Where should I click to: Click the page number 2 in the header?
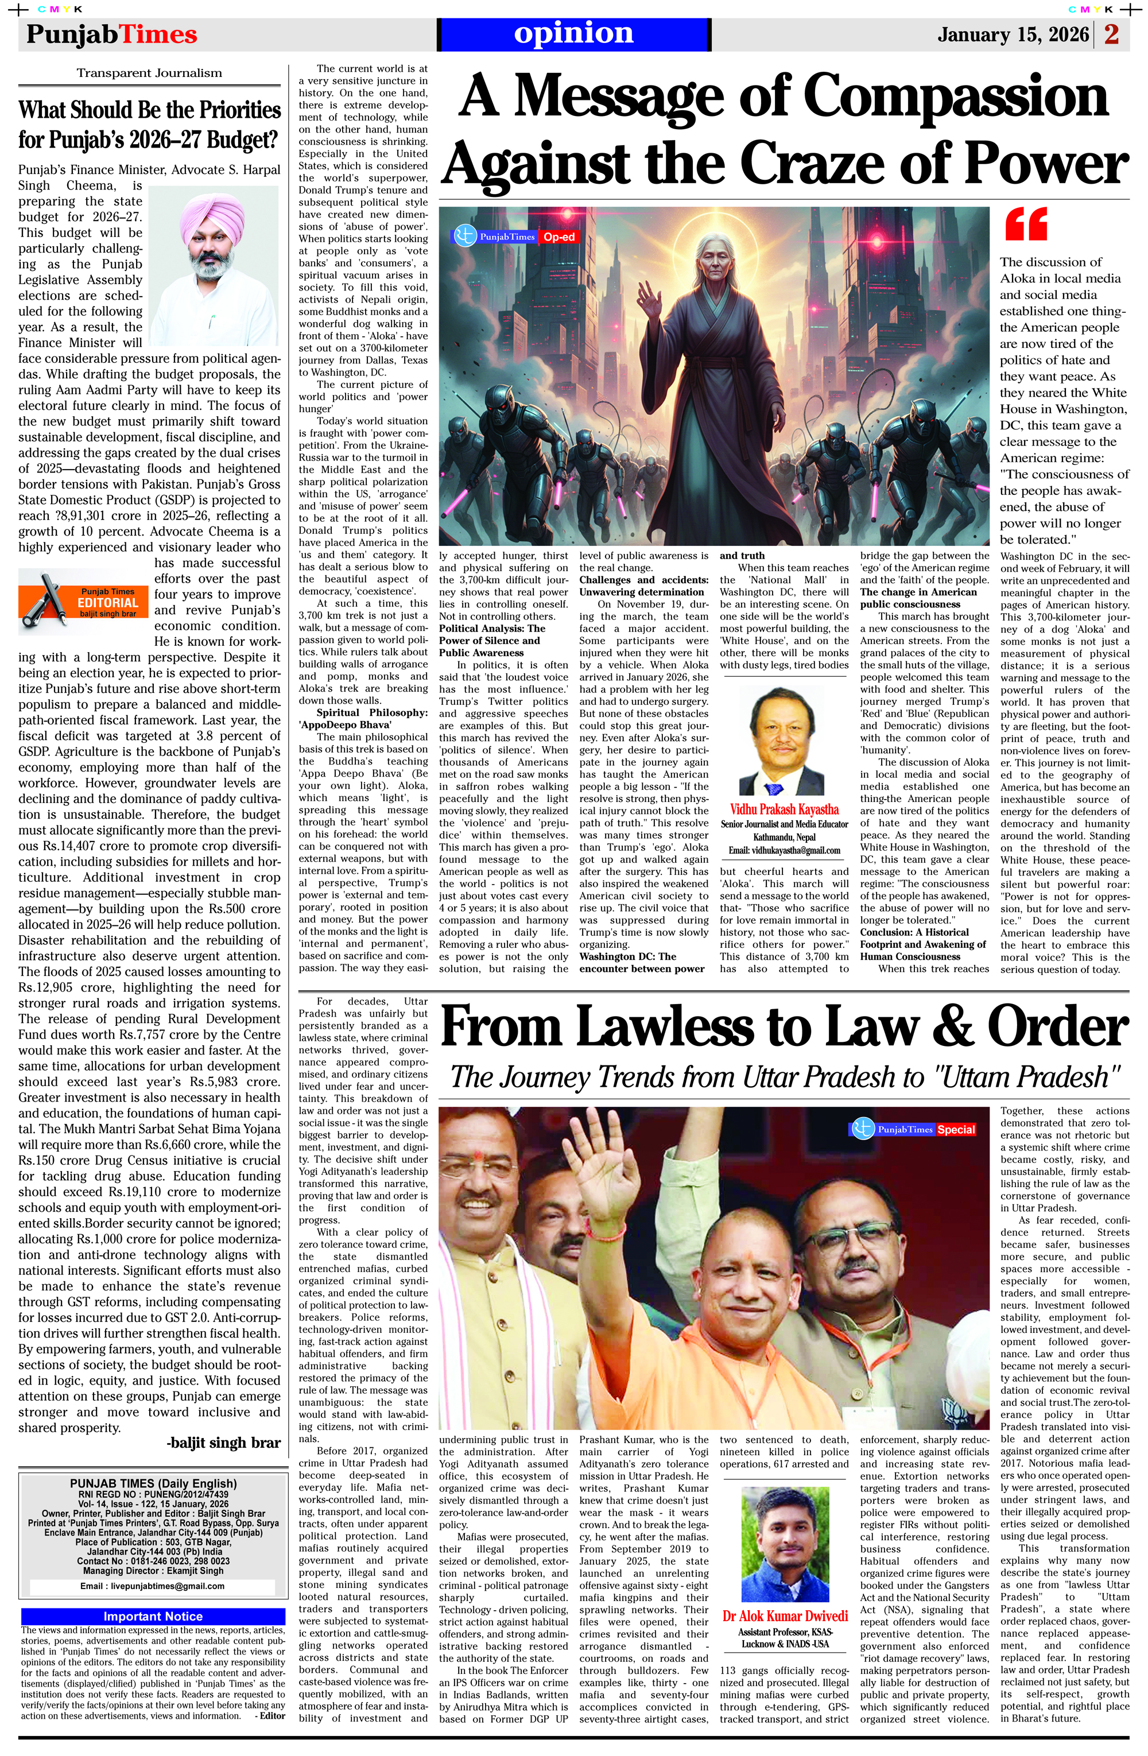1111,34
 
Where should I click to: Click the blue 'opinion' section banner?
573,34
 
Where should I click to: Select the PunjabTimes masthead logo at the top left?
111,34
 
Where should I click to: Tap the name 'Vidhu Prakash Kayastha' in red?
784,809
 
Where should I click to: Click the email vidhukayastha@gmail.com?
784,850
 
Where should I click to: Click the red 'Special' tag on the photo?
956,1130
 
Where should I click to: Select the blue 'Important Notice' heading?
153,1616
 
